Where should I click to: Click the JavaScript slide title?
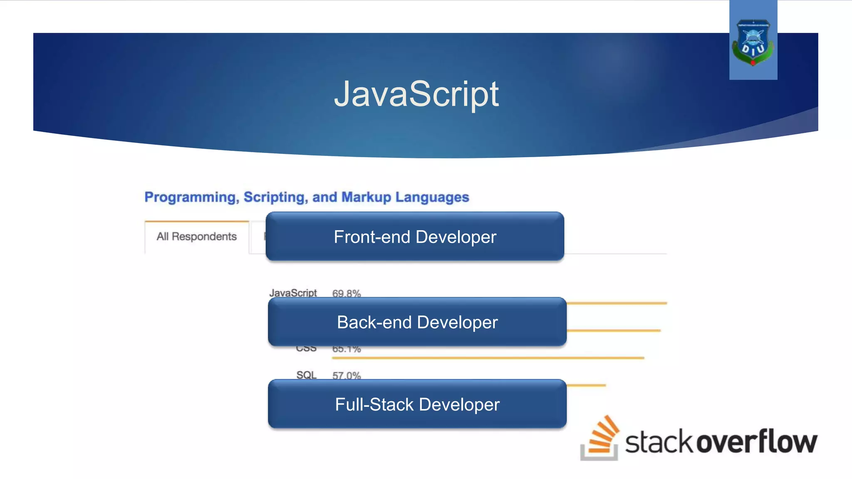[x=416, y=94]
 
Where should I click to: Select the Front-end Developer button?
[x=415, y=237]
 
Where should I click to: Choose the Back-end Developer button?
[x=417, y=322]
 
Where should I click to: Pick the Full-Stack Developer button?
[x=417, y=404]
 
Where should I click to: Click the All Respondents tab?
[x=196, y=237]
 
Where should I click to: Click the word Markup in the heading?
[x=366, y=197]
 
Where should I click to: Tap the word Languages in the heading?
[x=432, y=197]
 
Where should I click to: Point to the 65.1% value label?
[x=346, y=349]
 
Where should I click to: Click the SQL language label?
[x=306, y=375]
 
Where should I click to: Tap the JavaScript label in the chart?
[x=293, y=293]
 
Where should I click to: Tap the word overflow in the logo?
[x=757, y=441]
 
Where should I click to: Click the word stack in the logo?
[x=660, y=442]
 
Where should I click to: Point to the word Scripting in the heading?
[x=275, y=197]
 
